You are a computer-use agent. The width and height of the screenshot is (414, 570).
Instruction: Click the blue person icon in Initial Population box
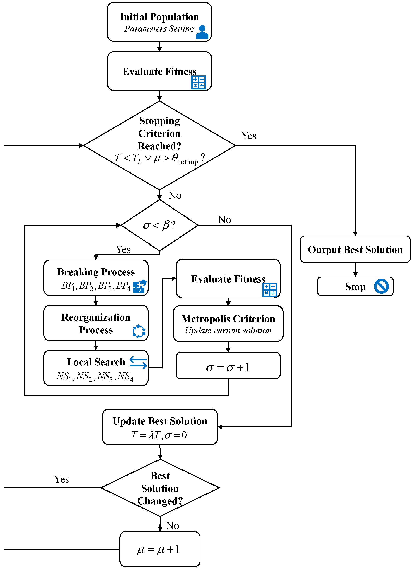[x=202, y=32]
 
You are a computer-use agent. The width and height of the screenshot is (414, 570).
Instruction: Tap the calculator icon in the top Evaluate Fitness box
[x=198, y=82]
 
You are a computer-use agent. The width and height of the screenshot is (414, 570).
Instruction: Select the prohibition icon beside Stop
[x=381, y=286]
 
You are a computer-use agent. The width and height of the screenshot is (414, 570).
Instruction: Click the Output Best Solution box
[x=355, y=250]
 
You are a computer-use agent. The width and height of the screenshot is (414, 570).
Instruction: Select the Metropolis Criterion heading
[x=228, y=319]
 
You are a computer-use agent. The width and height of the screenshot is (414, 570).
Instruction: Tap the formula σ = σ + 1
[x=228, y=367]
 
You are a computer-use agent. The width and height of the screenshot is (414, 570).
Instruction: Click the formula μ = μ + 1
[x=158, y=549]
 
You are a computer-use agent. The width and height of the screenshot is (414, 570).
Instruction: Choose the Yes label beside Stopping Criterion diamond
[x=249, y=136]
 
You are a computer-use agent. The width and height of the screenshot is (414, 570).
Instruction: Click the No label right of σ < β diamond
[x=224, y=220]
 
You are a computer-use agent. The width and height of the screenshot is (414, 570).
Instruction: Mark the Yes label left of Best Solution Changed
[x=62, y=479]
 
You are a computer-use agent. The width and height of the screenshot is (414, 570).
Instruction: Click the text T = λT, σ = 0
[x=159, y=435]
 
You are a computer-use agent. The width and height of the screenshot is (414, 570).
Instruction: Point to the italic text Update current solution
[x=228, y=331]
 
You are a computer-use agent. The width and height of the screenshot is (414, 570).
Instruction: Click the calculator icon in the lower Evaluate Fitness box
[x=270, y=290]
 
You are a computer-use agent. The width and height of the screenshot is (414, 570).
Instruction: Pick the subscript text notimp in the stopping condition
[x=188, y=162]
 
